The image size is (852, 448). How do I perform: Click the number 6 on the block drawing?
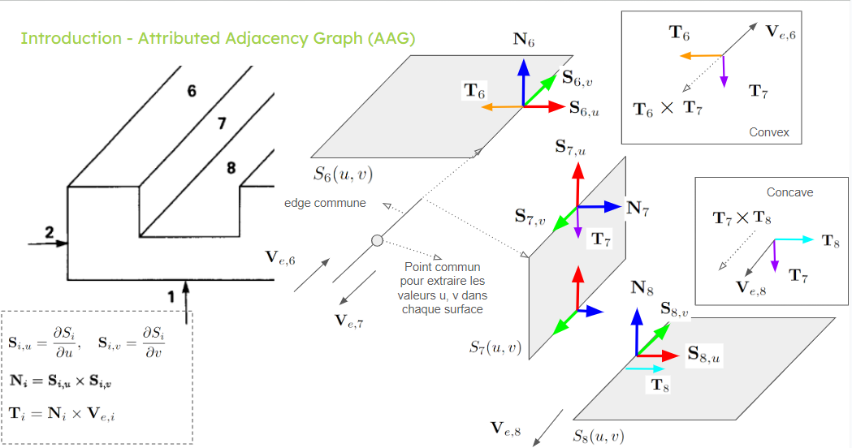(192, 91)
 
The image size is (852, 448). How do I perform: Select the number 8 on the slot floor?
(231, 168)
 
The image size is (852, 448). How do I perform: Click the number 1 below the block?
(171, 297)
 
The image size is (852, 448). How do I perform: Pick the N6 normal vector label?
(524, 37)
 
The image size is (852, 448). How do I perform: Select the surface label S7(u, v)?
(495, 347)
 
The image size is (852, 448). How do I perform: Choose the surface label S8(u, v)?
(599, 436)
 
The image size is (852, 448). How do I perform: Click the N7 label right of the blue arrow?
(638, 207)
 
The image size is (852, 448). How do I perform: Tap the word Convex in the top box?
(769, 132)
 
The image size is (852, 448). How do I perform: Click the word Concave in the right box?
(789, 192)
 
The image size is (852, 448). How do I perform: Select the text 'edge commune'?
(325, 203)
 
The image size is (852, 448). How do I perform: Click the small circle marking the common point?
(377, 240)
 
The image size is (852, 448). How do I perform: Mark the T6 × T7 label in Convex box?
(668, 108)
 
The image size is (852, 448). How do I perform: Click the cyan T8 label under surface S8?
(661, 386)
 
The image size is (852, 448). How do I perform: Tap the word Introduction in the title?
(66, 38)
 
